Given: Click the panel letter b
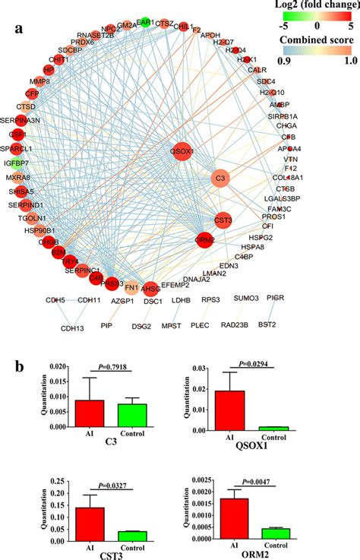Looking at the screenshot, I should tap(22, 362).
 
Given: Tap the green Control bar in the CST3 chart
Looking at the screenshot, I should tap(131, 535).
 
